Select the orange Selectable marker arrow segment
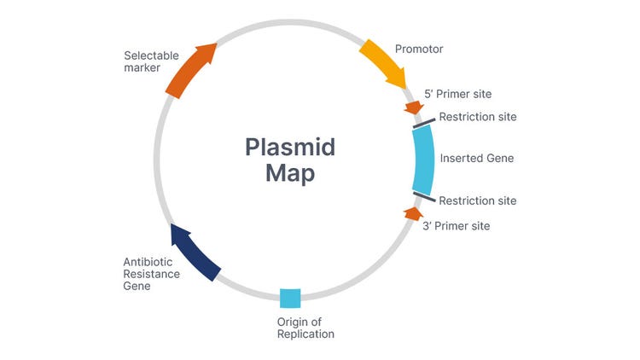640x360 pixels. [x=190, y=70]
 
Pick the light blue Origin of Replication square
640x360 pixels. [x=290, y=298]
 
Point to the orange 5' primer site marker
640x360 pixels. [x=413, y=107]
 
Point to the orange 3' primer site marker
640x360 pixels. [x=412, y=212]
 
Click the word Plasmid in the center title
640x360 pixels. [x=290, y=147]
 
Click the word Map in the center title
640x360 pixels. [x=290, y=174]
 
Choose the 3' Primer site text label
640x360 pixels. [x=457, y=226]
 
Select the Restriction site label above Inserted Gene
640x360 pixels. [x=477, y=116]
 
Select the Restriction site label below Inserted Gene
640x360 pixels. [x=477, y=200]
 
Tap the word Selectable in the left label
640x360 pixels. [x=151, y=55]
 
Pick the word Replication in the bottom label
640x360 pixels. [x=305, y=334]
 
